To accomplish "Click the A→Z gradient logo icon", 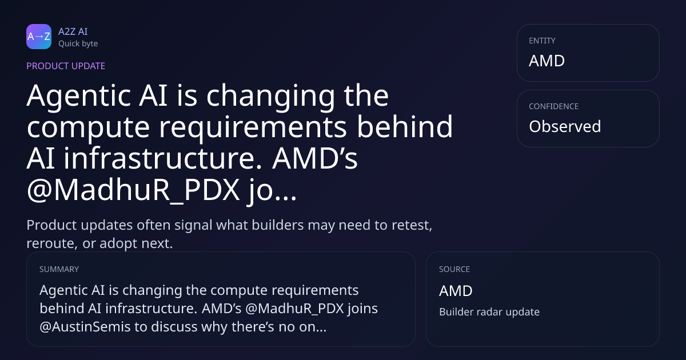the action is pyautogui.click(x=39, y=37).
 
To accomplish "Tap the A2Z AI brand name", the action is pyautogui.click(x=73, y=31).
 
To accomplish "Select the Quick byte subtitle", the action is pyautogui.click(x=78, y=44).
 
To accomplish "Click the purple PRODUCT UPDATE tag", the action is pyautogui.click(x=66, y=66).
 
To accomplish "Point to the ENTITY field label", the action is pyautogui.click(x=542, y=41).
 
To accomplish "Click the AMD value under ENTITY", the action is pyautogui.click(x=547, y=61).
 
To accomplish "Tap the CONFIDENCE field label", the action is pyautogui.click(x=554, y=106).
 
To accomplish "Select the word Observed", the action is pyautogui.click(x=565, y=126).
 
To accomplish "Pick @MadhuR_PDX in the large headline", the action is pyautogui.click(x=133, y=190).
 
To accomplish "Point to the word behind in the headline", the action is pyautogui.click(x=405, y=126).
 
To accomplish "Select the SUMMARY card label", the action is pyautogui.click(x=59, y=269).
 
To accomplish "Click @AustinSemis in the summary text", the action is pyautogui.click(x=85, y=327).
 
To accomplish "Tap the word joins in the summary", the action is pyautogui.click(x=362, y=309).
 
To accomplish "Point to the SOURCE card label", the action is pyautogui.click(x=454, y=269).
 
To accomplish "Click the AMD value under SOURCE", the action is pyautogui.click(x=456, y=290).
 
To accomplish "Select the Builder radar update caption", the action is pyautogui.click(x=489, y=312).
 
